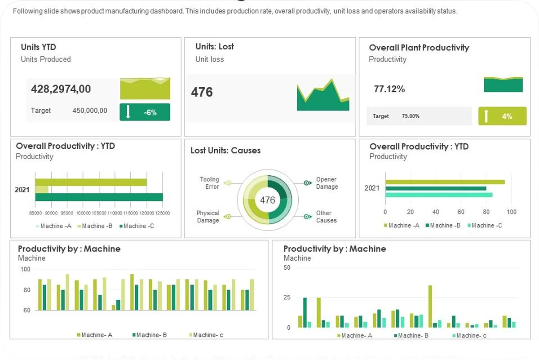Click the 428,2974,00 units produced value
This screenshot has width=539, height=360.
click(61, 89)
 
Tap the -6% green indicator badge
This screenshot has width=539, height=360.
click(145, 112)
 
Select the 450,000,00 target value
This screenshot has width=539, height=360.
click(90, 111)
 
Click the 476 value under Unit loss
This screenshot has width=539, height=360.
click(202, 92)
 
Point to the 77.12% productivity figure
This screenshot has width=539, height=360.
click(389, 89)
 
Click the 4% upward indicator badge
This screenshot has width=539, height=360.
click(502, 116)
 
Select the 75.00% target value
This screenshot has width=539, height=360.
click(411, 116)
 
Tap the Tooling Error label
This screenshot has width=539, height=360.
click(209, 183)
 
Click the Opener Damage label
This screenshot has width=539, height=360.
click(327, 183)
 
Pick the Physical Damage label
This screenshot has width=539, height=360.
click(208, 217)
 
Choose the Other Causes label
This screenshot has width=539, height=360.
click(326, 217)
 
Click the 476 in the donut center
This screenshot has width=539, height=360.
click(268, 200)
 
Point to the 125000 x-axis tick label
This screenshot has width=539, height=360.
click(162, 213)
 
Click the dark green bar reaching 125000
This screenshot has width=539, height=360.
click(99, 197)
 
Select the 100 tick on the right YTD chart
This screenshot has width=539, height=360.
click(512, 212)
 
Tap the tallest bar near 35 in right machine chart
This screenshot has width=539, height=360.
click(430, 306)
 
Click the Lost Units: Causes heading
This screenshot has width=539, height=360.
click(225, 151)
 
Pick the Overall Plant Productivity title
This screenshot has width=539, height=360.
click(419, 48)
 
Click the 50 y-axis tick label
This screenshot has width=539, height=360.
click(287, 268)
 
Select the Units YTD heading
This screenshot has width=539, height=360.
click(38, 47)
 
